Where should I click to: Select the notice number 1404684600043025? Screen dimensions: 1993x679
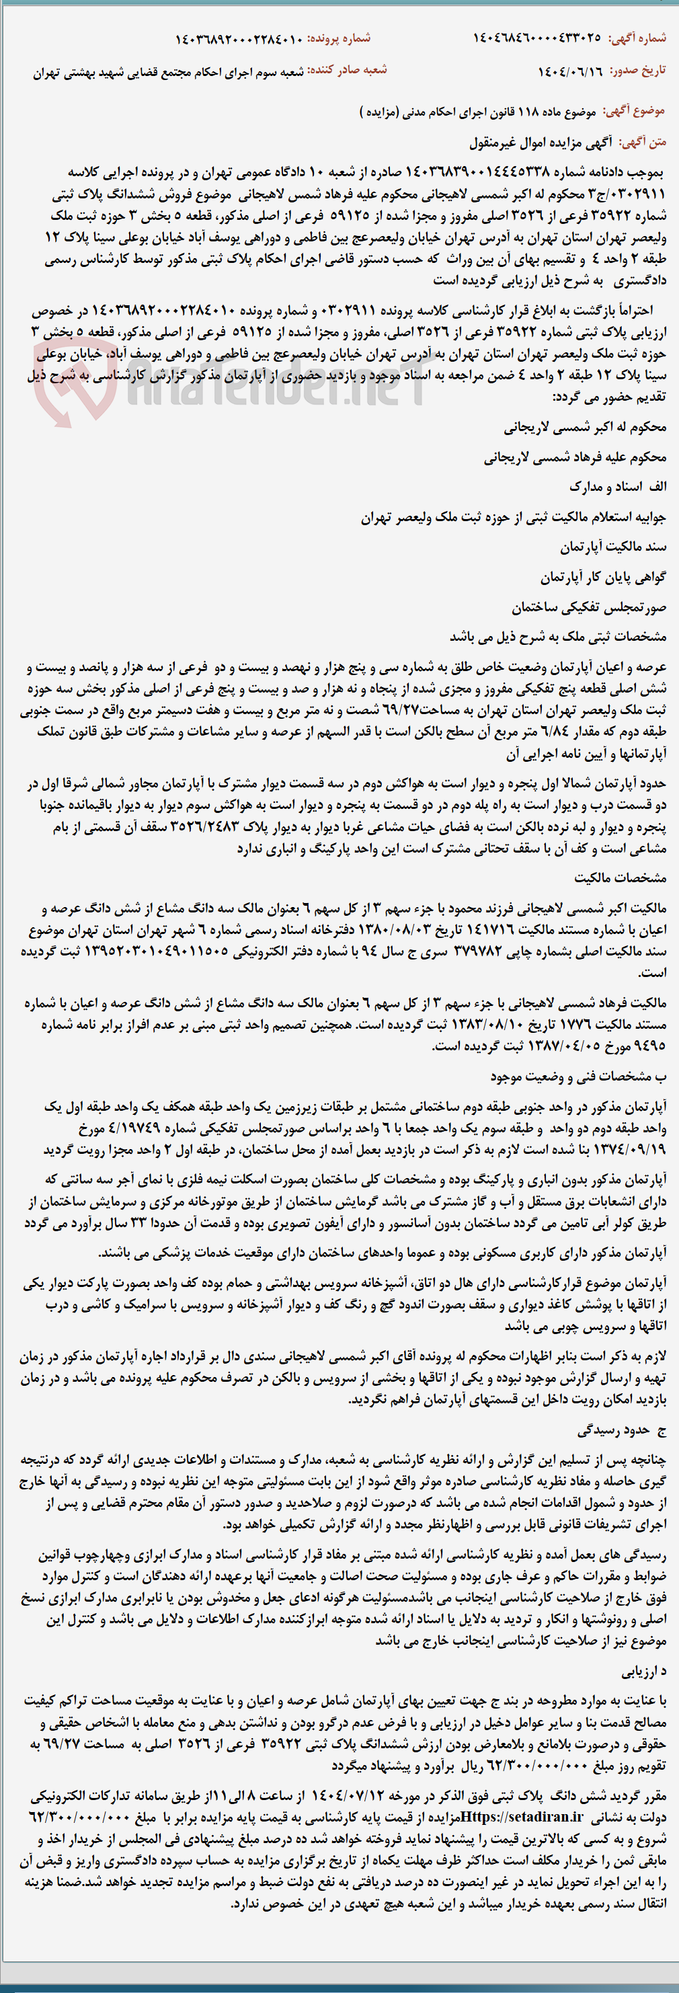tap(536, 38)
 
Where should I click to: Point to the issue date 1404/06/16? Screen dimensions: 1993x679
tap(570, 71)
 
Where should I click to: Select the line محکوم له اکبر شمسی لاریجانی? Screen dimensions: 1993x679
tap(585, 427)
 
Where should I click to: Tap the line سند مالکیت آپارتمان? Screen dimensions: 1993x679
tap(612, 547)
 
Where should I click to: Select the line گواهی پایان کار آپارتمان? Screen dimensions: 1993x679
tap(602, 577)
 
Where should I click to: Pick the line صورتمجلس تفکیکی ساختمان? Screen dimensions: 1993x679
tap(588, 607)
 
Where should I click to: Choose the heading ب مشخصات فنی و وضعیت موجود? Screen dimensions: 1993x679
tap(577, 1077)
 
